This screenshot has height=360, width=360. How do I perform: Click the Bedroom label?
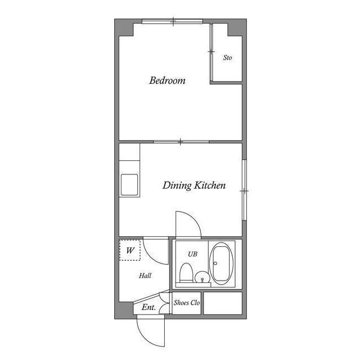click(x=167, y=80)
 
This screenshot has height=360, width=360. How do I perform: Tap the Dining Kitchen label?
click(x=194, y=185)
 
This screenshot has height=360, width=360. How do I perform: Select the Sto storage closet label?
click(x=227, y=58)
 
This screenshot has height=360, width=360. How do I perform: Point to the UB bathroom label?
click(x=192, y=254)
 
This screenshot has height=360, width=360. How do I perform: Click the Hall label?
click(x=145, y=276)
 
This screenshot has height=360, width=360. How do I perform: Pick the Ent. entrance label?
click(x=148, y=307)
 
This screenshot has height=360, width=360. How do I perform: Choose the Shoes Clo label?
click(x=187, y=303)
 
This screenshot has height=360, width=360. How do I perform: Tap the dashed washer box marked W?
click(x=130, y=250)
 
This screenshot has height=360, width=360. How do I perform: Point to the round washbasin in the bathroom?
click(x=202, y=277)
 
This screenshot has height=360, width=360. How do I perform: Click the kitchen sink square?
click(x=129, y=185)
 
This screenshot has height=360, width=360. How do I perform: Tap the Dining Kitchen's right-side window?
click(x=244, y=191)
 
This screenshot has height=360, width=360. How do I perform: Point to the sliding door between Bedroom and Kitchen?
click(x=180, y=141)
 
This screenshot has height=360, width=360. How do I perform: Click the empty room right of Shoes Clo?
click(x=222, y=303)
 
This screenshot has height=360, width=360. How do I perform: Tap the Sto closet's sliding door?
click(x=211, y=52)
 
